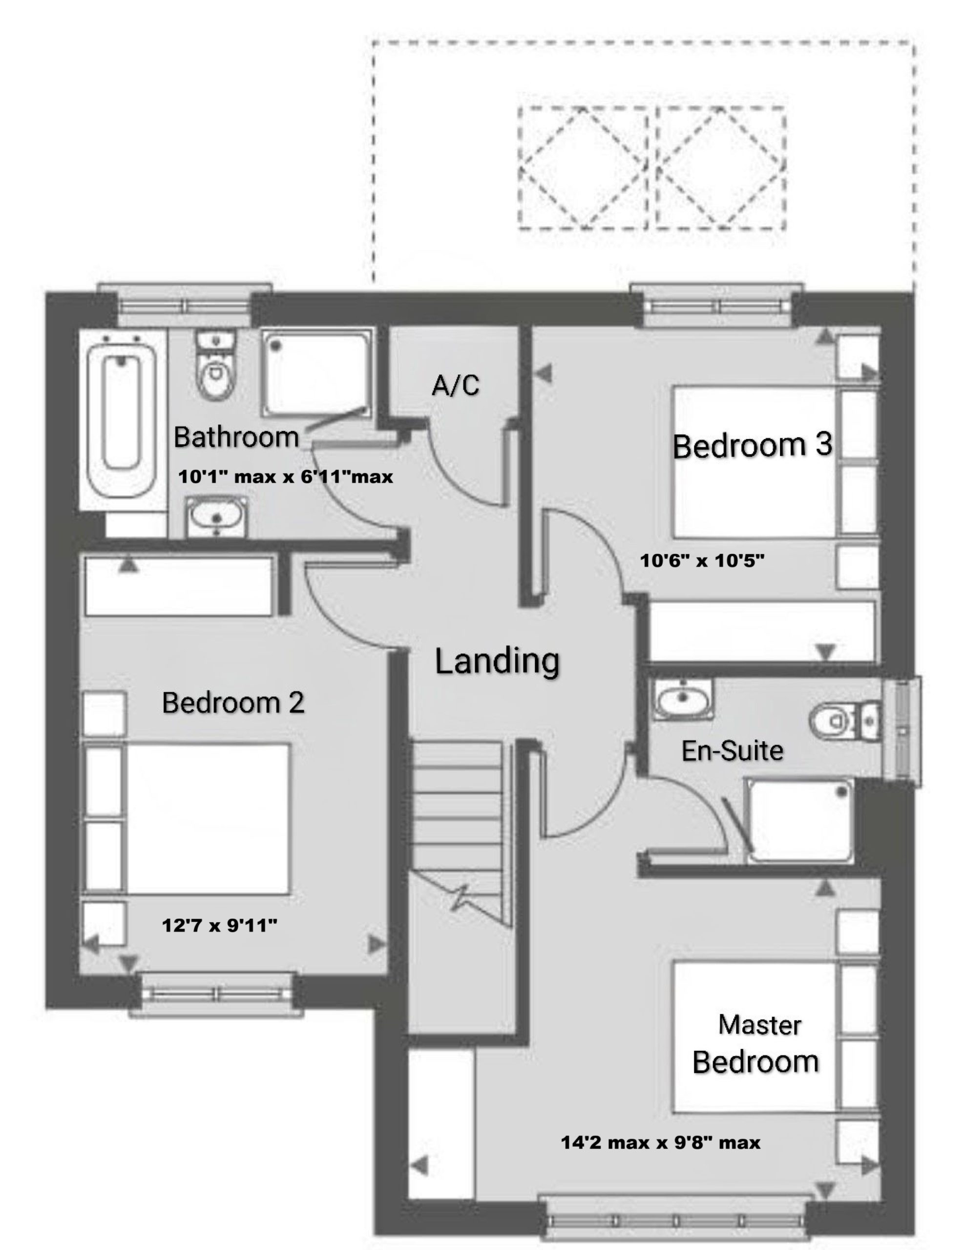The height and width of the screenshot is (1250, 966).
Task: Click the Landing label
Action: click(497, 662)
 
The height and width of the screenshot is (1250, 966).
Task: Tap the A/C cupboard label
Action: click(455, 385)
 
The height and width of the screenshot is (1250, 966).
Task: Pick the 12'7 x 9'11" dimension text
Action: click(220, 925)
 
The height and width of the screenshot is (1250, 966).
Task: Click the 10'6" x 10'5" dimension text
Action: click(702, 561)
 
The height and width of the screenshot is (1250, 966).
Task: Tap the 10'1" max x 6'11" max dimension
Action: click(286, 476)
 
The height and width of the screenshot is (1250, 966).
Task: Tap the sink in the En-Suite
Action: click(683, 699)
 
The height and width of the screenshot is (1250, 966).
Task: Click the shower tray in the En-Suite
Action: click(799, 821)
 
